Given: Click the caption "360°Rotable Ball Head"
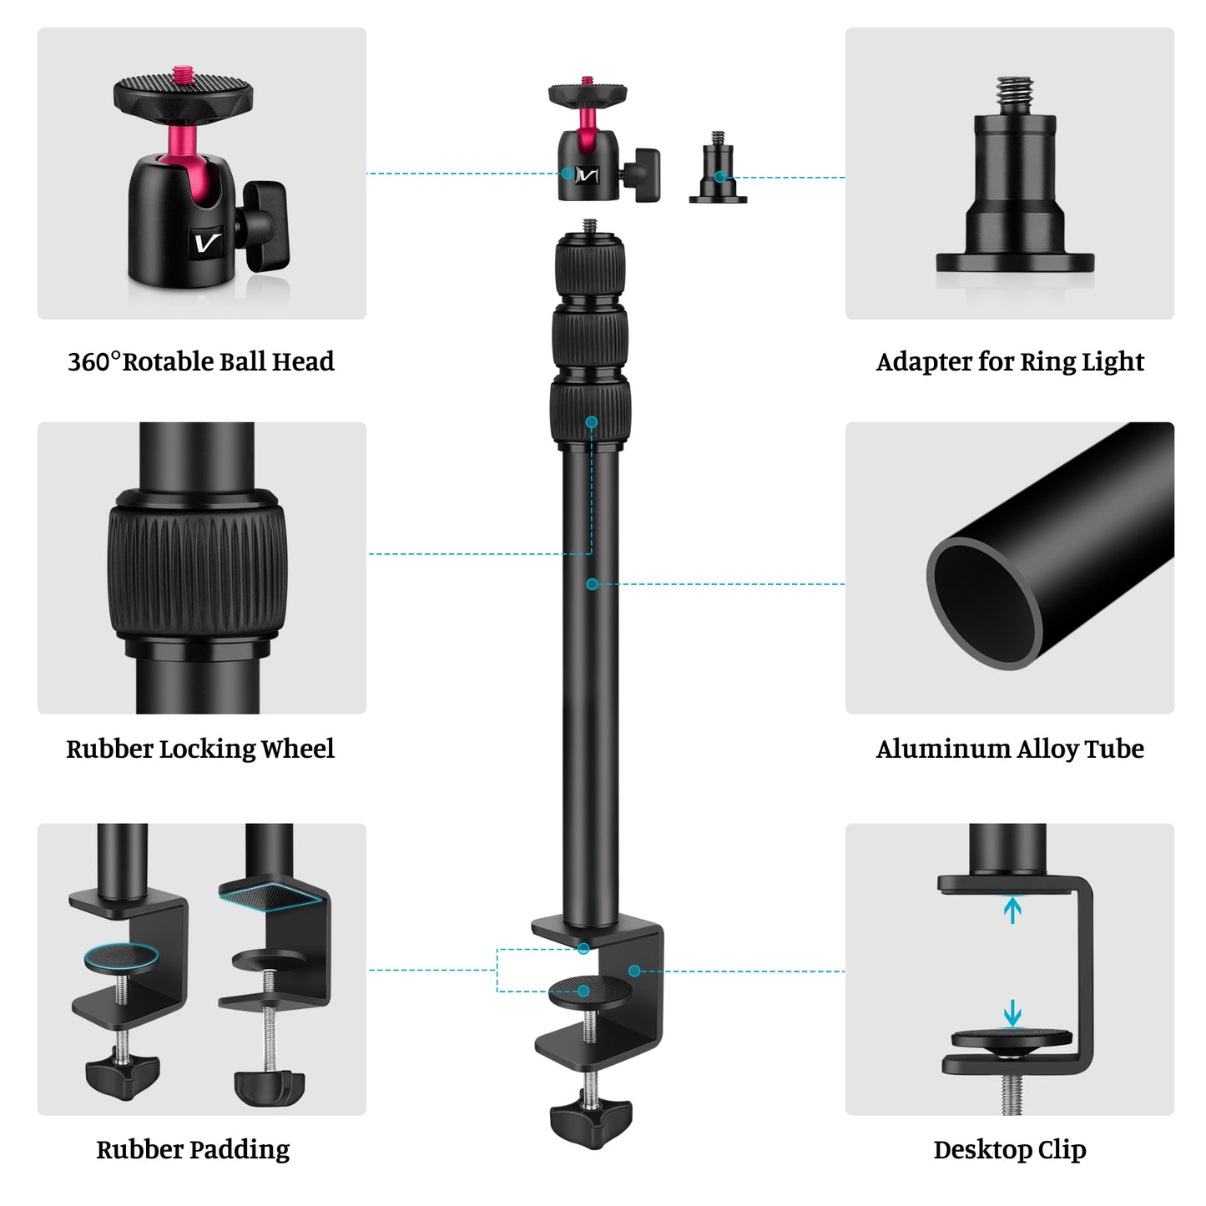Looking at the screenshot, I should [x=200, y=361].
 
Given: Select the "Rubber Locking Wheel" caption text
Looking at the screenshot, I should [x=200, y=749].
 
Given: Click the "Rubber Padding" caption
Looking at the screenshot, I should [x=193, y=1149].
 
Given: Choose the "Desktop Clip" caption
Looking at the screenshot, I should [x=1009, y=1149].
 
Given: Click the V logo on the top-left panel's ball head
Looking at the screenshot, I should [x=207, y=243].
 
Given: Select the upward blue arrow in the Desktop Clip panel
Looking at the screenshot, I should [x=1012, y=909].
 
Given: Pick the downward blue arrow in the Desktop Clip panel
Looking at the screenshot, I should [x=1012, y=1013].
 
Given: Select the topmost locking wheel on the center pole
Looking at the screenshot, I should [x=590, y=265].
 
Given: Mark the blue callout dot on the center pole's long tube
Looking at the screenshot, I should [x=592, y=584].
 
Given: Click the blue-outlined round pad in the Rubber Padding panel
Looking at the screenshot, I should [x=121, y=957].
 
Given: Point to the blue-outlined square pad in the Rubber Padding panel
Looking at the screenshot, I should [x=269, y=895].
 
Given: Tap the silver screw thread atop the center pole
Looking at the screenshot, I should [x=590, y=226].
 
